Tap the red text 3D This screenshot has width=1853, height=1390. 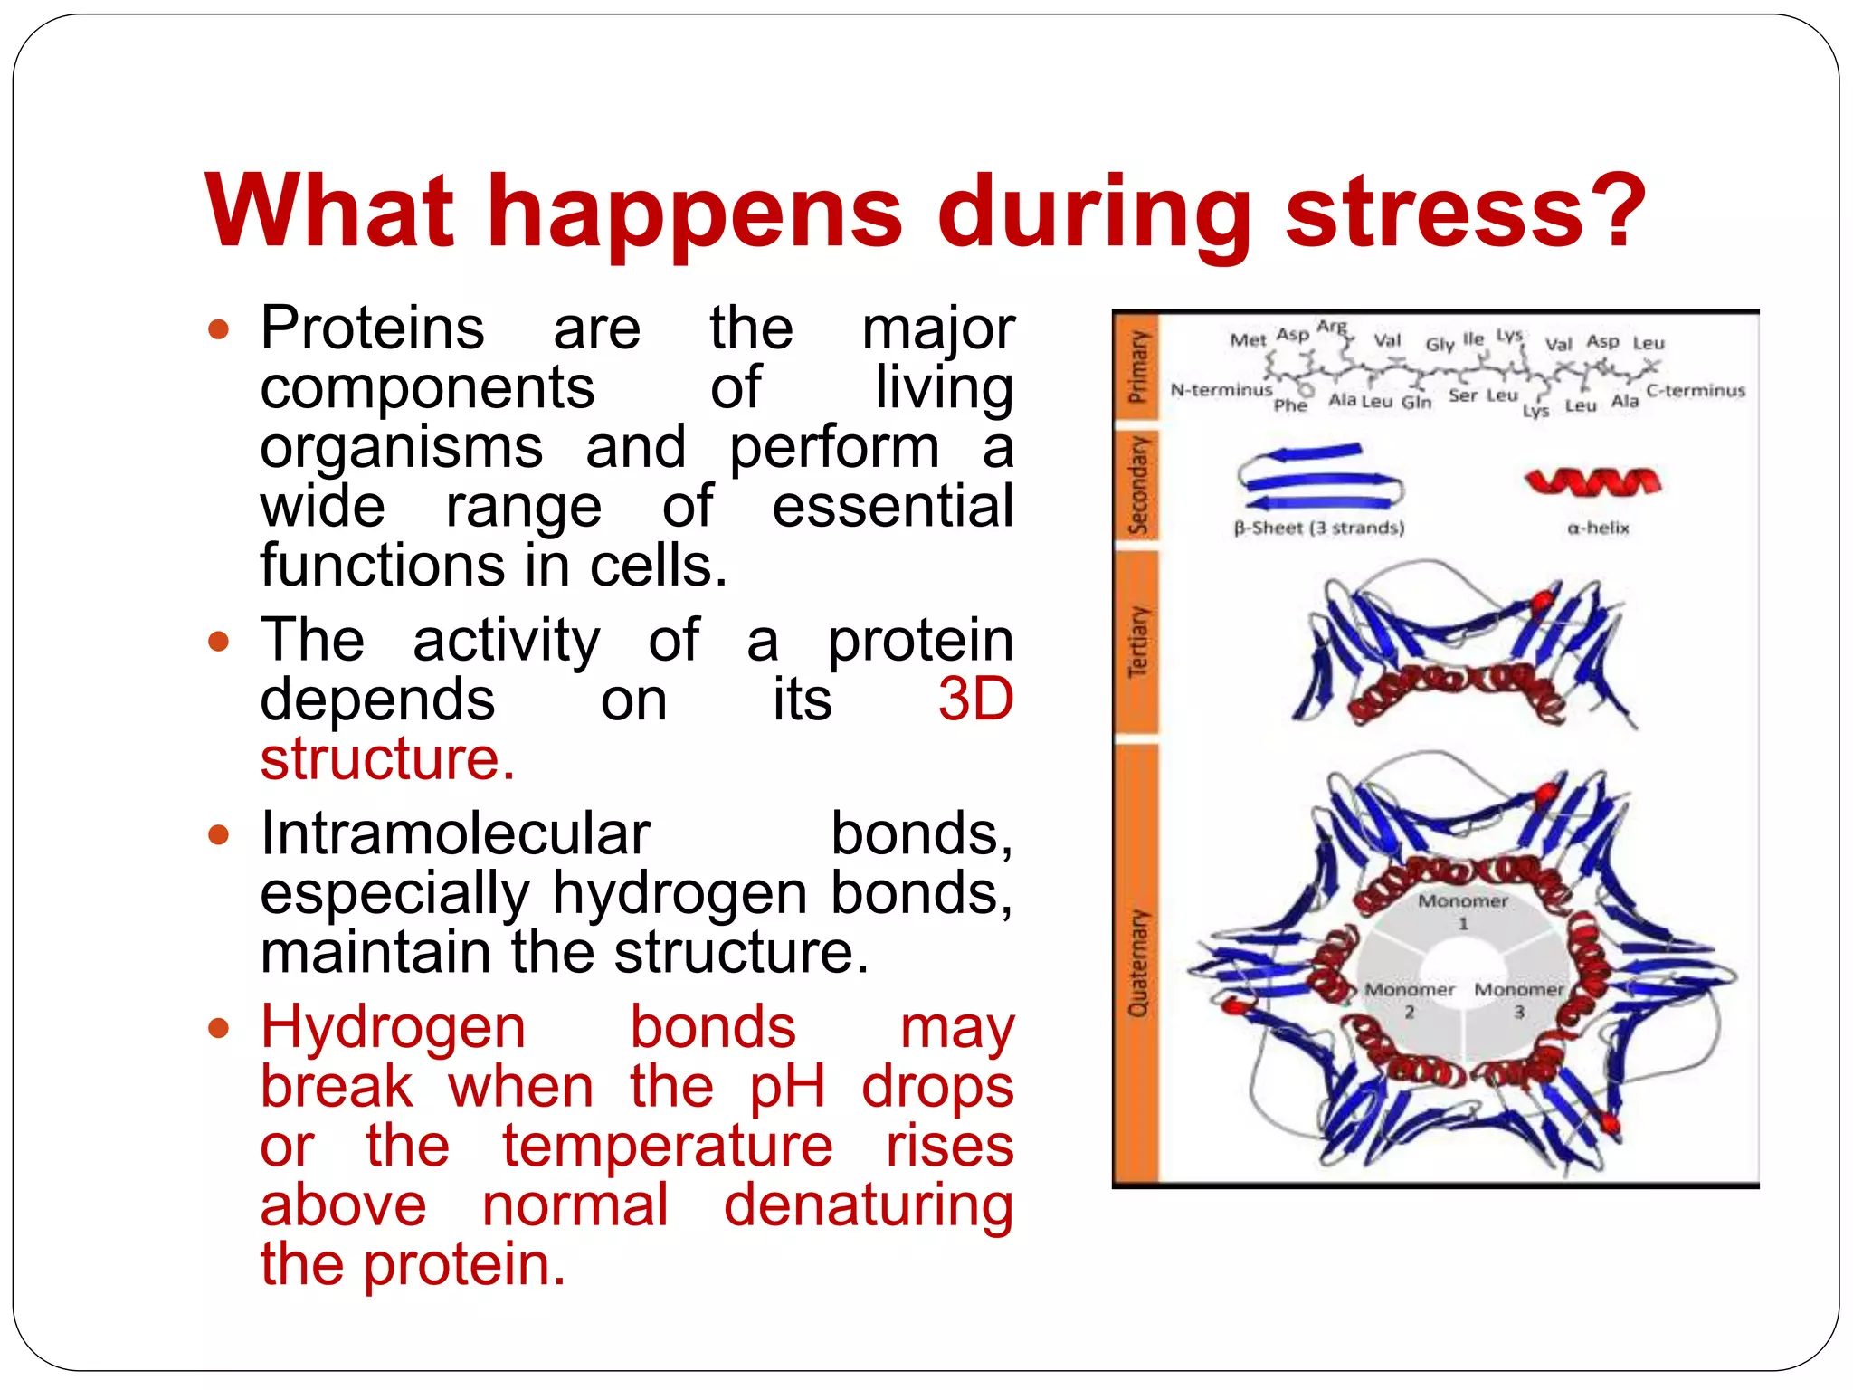point(974,700)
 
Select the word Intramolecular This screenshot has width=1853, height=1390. point(455,833)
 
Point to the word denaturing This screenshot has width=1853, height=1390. point(868,1205)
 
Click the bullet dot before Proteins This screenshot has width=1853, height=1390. point(218,328)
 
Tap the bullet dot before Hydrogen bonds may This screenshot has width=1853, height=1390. point(218,1028)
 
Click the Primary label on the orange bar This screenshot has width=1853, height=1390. point(1137,367)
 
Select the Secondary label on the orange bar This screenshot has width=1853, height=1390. point(1137,485)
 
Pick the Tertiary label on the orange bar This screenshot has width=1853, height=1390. point(1137,642)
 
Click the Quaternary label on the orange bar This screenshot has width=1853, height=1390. point(1137,963)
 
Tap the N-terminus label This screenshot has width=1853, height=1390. point(1221,390)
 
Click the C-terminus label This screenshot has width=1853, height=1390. point(1696,390)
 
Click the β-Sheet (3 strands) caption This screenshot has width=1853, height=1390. point(1319,528)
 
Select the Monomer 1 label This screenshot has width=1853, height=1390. point(1463,910)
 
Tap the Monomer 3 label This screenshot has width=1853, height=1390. point(1519,999)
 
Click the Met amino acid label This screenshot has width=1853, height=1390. point(1248,340)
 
